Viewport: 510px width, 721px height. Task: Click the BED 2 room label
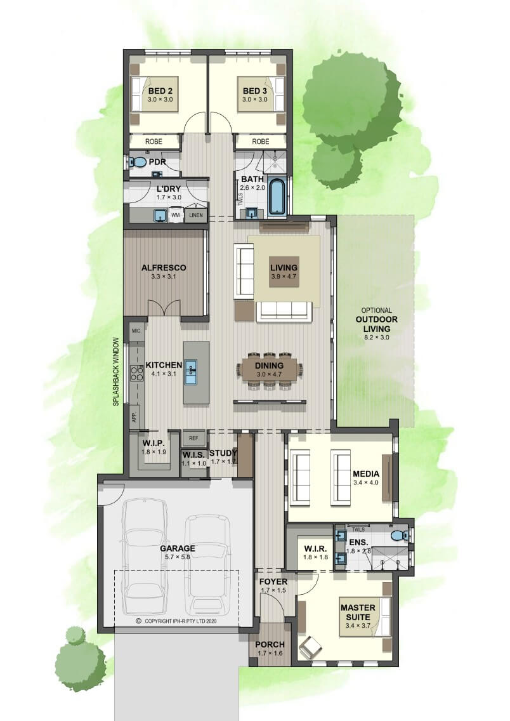(160, 91)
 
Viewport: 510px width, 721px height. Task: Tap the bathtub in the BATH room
(277, 197)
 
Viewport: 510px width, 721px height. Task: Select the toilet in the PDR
(136, 162)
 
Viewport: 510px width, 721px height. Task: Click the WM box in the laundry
(175, 215)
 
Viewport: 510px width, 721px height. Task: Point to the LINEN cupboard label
(196, 215)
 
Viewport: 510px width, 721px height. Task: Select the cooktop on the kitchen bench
(136, 373)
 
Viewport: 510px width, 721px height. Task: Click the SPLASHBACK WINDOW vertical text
(116, 371)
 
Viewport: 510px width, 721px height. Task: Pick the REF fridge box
(193, 438)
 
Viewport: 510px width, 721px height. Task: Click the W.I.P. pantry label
(154, 443)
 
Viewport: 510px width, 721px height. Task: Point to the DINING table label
(269, 366)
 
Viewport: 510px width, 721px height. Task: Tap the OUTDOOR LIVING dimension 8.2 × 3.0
(376, 337)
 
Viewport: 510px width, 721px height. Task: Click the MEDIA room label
(366, 473)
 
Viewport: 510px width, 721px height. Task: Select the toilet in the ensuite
(400, 536)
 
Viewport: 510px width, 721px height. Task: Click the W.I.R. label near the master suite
(315, 548)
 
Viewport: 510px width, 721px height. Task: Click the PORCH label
(270, 645)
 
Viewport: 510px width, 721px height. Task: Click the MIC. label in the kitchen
(136, 331)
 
